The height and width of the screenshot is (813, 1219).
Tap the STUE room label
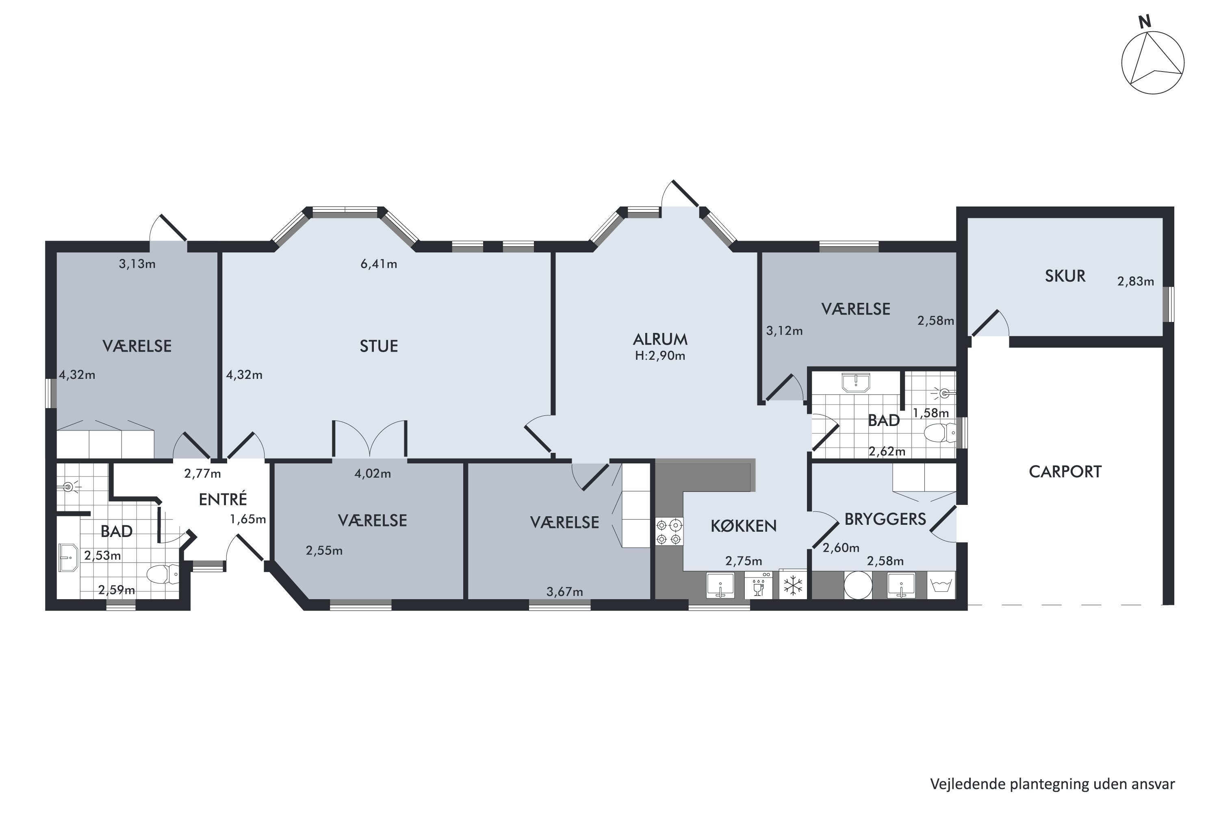point(379,346)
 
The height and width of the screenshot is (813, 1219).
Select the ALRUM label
point(660,339)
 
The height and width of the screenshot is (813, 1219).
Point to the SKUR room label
point(1065,276)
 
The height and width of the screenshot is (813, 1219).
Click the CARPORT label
point(1065,472)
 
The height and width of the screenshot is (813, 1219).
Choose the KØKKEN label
point(743,526)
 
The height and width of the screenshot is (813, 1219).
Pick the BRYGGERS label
point(885,519)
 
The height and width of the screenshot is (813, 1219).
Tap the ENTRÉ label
point(223,499)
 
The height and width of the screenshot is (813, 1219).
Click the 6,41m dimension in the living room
point(379,265)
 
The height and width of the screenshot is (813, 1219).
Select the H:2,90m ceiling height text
point(660,356)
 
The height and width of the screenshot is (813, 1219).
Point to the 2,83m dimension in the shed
point(1136,282)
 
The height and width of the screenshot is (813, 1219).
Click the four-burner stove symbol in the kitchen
point(668,532)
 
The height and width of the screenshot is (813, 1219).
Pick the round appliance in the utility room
point(858,585)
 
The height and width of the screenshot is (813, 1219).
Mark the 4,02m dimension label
point(373,474)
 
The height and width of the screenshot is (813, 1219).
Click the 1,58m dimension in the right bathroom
point(931,413)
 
